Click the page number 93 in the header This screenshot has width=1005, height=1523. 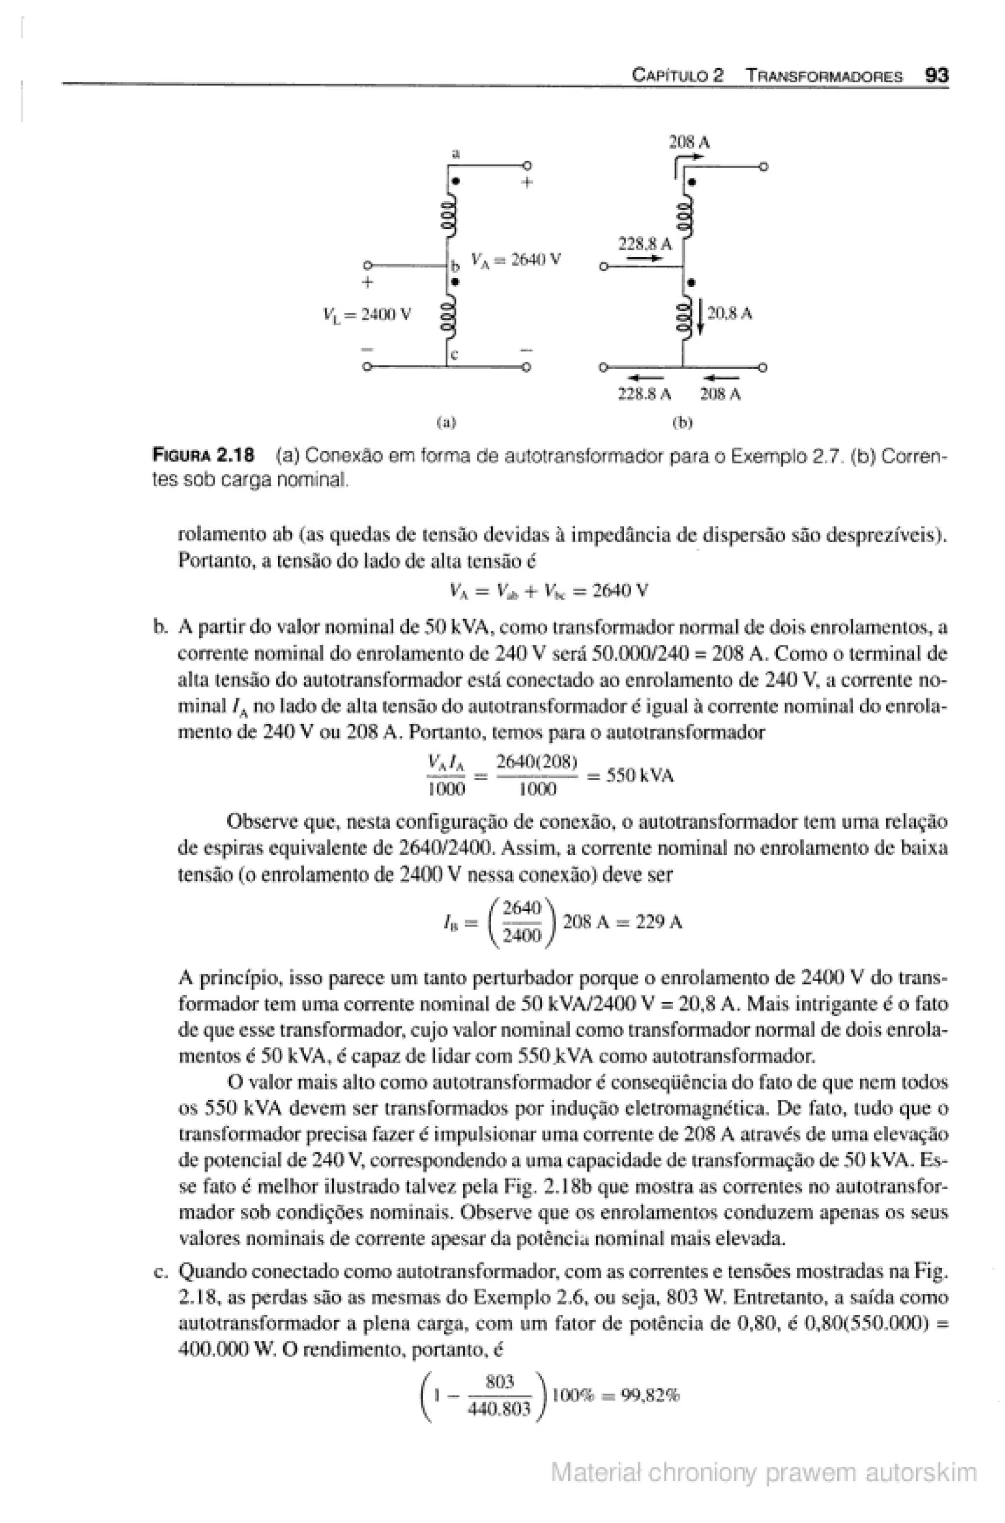(936, 76)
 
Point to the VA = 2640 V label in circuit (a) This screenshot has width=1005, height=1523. (516, 260)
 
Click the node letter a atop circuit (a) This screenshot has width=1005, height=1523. (456, 153)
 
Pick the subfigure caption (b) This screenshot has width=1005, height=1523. (683, 423)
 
